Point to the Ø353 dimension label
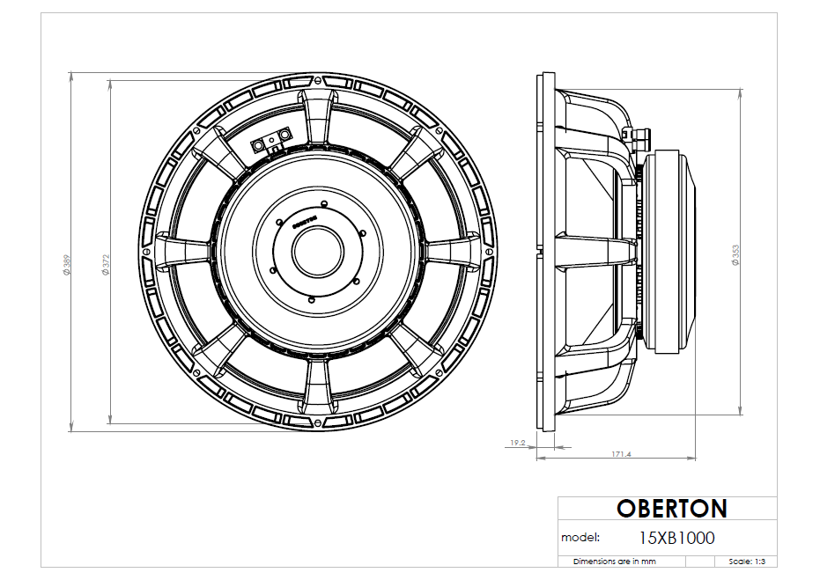tap(735, 254)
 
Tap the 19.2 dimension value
tap(517, 444)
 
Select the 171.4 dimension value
tap(621, 454)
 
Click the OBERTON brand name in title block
tap(671, 509)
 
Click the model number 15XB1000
tap(676, 537)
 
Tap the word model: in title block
tap(580, 537)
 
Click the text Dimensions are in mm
tap(615, 561)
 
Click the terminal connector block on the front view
tap(272, 140)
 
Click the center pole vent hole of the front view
tap(314, 251)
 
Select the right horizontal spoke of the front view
tap(453, 250)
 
